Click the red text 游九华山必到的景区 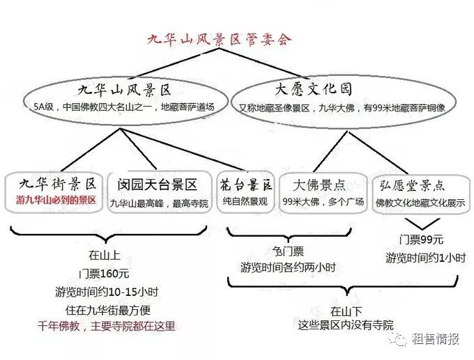tap(56, 200)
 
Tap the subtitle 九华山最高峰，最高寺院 tap(159, 203)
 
